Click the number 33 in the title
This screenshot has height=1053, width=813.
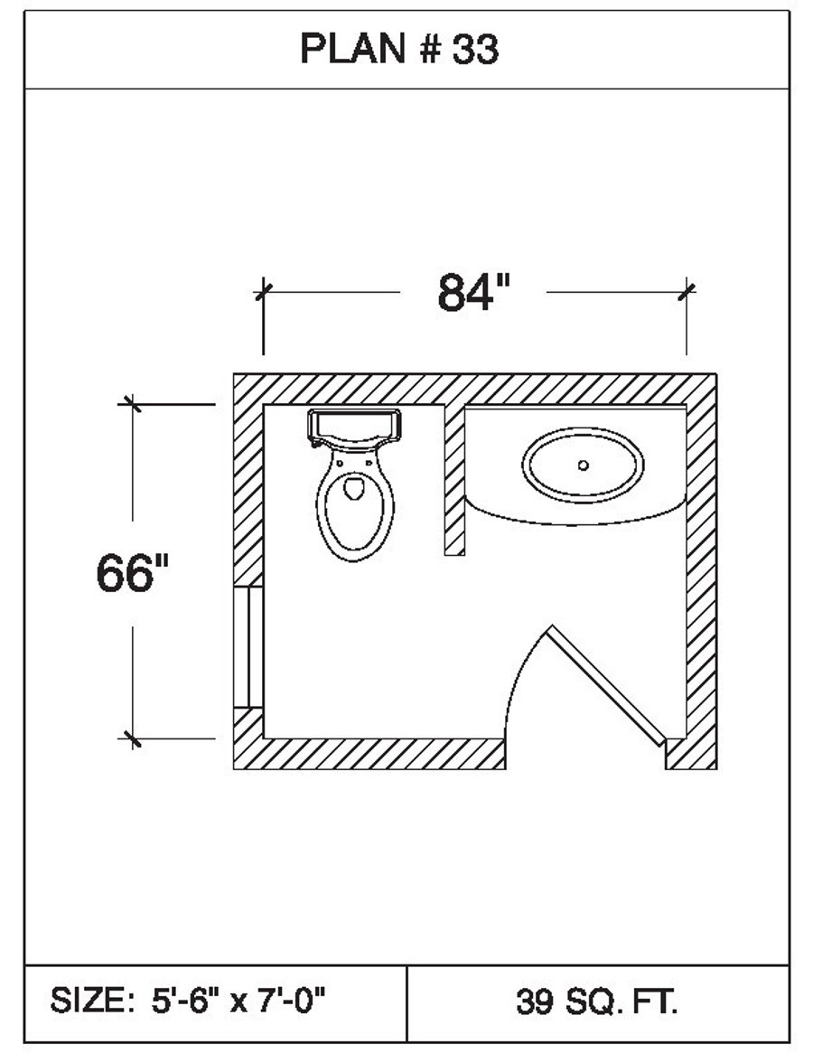[475, 51]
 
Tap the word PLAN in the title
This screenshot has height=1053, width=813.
[353, 51]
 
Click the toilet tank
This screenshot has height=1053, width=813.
[354, 426]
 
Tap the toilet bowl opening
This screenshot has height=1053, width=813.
[354, 489]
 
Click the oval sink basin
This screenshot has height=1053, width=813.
[583, 465]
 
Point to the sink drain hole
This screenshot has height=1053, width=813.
[583, 465]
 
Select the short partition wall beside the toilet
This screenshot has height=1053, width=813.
[455, 479]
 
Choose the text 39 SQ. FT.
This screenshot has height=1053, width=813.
[597, 1001]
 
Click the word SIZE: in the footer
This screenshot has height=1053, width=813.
[91, 1001]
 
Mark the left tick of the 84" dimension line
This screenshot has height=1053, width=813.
[263, 291]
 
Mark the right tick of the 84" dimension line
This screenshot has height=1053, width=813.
[687, 291]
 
